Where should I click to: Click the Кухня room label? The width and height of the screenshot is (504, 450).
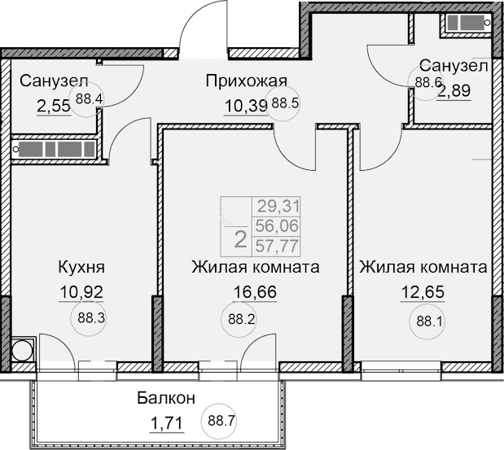pos(81,267)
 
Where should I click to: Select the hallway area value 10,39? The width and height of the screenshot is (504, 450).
pos(246,103)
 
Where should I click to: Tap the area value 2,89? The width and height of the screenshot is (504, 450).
pos(455,90)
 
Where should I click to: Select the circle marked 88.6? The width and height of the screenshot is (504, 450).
pos(423,81)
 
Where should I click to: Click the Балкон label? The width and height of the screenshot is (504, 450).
pos(165,399)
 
